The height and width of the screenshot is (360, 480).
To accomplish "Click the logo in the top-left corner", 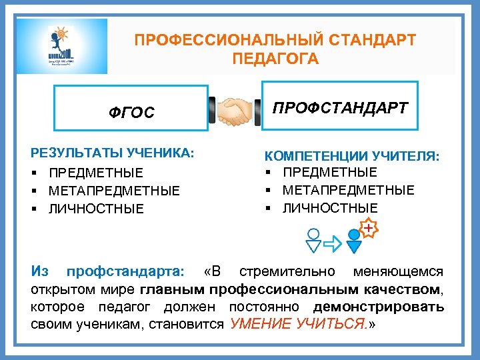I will click(62, 45).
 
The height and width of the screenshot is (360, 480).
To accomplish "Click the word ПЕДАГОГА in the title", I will click(275, 59).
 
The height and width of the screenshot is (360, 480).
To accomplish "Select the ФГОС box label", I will click(131, 113).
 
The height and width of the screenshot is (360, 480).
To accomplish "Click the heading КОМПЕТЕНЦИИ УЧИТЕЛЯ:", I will click(352, 156).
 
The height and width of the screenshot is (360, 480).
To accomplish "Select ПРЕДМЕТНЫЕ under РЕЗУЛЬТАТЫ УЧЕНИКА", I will click(95, 173).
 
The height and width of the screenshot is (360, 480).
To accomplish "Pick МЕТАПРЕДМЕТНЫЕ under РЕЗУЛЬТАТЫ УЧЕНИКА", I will click(114, 191).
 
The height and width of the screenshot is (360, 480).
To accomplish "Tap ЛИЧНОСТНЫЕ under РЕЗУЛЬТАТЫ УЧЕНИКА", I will click(95, 209).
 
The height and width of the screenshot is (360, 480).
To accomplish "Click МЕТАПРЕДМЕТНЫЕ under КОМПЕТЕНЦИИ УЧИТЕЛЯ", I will click(348, 191).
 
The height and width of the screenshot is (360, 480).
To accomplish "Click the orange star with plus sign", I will click(369, 229).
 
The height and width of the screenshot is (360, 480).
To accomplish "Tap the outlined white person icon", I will click(313, 241).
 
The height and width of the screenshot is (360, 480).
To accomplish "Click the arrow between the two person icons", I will click(333, 243).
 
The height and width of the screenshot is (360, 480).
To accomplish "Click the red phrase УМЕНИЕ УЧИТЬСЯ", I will click(296, 325).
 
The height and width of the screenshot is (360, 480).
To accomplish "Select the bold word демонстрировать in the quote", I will click(378, 307).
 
